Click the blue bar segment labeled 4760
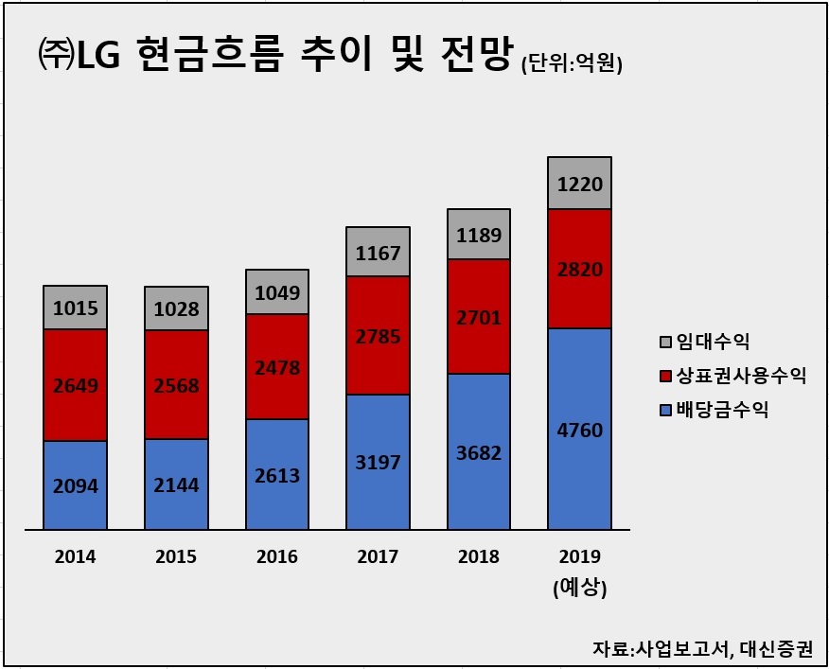[x=579, y=429]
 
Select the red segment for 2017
[x=378, y=335]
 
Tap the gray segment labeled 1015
[x=75, y=308]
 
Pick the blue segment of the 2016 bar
[x=277, y=474]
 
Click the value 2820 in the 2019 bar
[x=580, y=270]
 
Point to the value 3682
[x=479, y=453]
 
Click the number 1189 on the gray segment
[x=479, y=235]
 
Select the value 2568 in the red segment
[x=177, y=385]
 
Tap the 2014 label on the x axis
[x=75, y=556]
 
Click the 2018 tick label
[x=479, y=556]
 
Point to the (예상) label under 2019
[x=580, y=588]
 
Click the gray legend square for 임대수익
[x=665, y=342]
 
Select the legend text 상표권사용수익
[x=741, y=376]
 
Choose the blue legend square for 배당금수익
[x=665, y=410]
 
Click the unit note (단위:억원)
[x=572, y=64]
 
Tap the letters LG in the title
[x=98, y=55]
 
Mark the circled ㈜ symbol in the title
[x=56, y=55]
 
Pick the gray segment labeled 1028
[x=177, y=308]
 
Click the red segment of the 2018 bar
[x=479, y=316]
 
